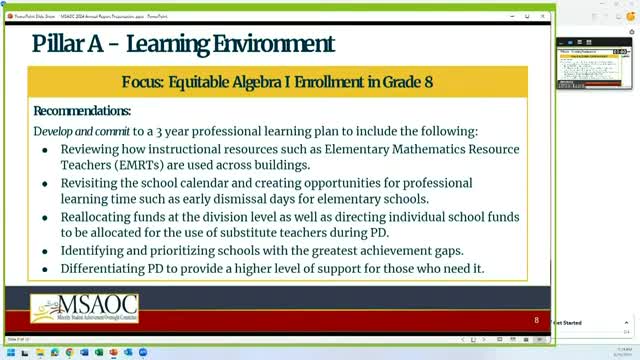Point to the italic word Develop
point(56,131)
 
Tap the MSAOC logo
point(84,309)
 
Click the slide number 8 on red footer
point(536,321)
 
